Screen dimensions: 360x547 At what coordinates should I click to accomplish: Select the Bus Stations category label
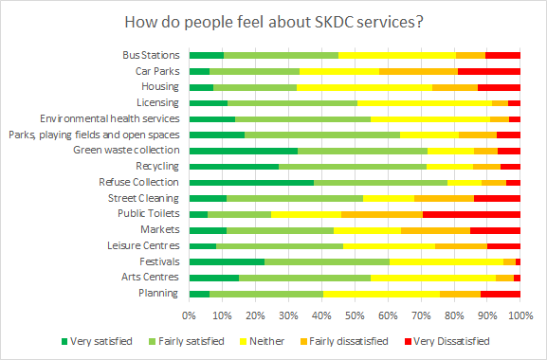pyautogui.click(x=152, y=55)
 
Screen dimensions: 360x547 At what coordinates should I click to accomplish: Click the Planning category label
pyautogui.click(x=159, y=294)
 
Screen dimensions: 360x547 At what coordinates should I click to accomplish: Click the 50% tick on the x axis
pyautogui.click(x=356, y=315)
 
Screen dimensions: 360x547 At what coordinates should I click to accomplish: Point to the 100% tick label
pyautogui.click(x=519, y=315)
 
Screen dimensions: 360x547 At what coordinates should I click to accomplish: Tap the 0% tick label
pyautogui.click(x=191, y=315)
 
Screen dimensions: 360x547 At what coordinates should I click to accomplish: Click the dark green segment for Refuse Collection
pyautogui.click(x=252, y=182)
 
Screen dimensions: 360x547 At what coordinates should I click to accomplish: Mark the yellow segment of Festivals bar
pyautogui.click(x=447, y=261)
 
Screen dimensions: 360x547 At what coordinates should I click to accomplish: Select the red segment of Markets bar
pyautogui.click(x=495, y=230)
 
